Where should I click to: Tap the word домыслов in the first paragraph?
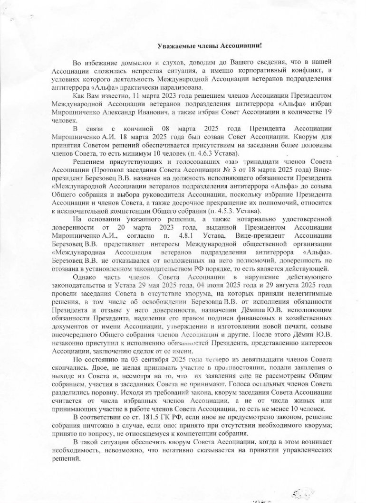pyautogui.click(x=123, y=63)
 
